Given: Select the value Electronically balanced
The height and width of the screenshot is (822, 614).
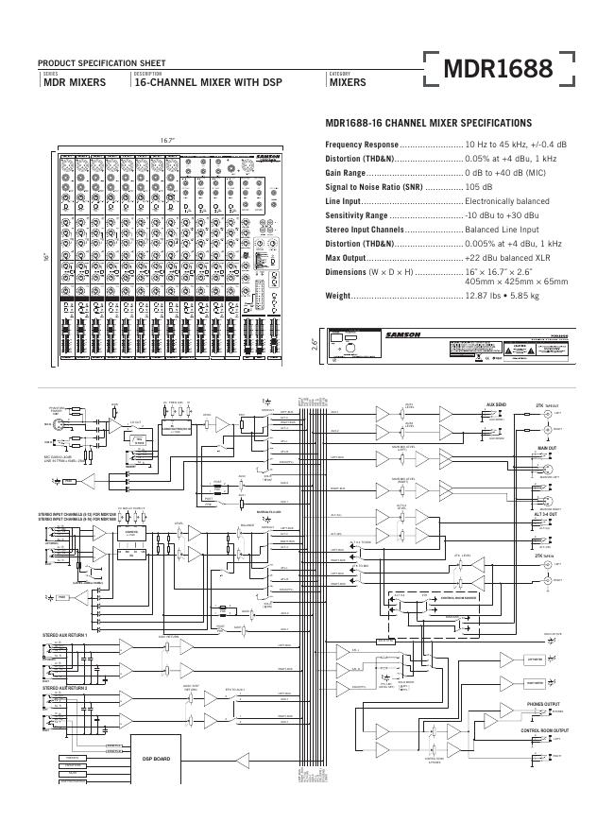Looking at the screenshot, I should [x=506, y=201].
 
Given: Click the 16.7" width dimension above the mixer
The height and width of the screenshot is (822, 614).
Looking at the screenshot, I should [x=167, y=141].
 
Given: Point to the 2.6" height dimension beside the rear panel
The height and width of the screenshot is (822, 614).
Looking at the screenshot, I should [x=316, y=345].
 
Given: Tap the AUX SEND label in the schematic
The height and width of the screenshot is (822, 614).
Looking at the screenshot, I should [x=497, y=404].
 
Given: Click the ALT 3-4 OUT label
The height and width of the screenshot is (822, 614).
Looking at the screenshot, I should [x=547, y=515].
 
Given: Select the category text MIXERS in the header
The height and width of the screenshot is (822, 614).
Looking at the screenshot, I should [x=347, y=83].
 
